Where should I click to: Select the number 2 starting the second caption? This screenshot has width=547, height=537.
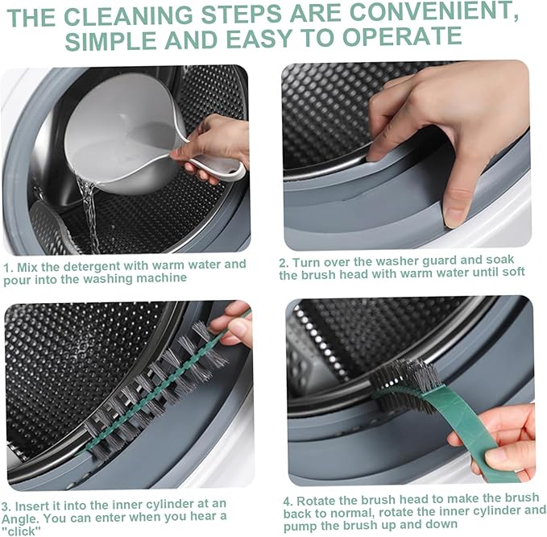283,262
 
